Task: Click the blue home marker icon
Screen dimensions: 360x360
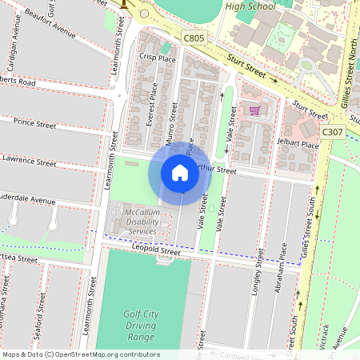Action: tap(180, 172)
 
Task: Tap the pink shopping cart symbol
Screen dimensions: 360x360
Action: tap(255, 110)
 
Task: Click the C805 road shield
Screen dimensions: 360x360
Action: tap(193, 38)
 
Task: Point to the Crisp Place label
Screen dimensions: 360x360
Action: tap(157, 58)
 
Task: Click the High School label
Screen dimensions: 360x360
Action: tap(250, 6)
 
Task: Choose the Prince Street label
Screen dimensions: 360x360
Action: tap(34, 124)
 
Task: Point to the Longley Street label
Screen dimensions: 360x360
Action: tap(258, 272)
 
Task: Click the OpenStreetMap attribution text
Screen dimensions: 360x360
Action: tap(80, 354)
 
